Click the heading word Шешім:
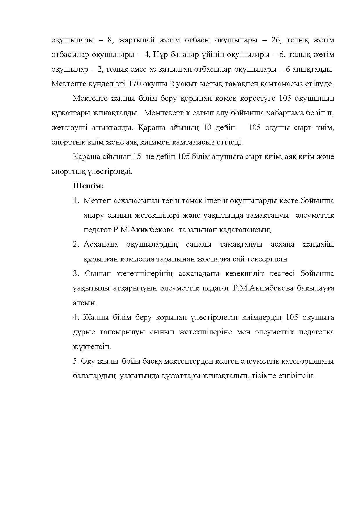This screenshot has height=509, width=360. click(x=88, y=186)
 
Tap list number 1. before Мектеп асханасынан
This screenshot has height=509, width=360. click(x=76, y=201)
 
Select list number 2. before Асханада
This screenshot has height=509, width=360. click(x=76, y=244)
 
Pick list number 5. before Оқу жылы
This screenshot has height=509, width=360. click(x=76, y=361)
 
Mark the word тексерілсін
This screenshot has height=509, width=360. click(x=267, y=259)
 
